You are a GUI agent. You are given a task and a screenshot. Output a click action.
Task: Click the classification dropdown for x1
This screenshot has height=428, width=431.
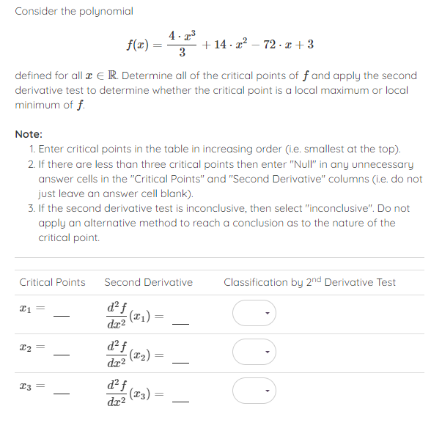pyautogui.click(x=255, y=314)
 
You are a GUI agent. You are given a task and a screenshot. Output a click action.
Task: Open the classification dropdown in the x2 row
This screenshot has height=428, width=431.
pyautogui.click(x=255, y=352)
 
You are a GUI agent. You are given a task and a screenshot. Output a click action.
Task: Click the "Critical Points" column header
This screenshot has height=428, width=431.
pyautogui.click(x=52, y=282)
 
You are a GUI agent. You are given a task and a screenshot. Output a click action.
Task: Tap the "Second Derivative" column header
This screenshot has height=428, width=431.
pyautogui.click(x=148, y=282)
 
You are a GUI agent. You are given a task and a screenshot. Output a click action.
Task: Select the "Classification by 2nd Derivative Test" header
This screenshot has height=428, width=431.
pyautogui.click(x=309, y=282)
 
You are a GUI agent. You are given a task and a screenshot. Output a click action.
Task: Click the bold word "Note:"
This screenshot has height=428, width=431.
pyautogui.click(x=29, y=134)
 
